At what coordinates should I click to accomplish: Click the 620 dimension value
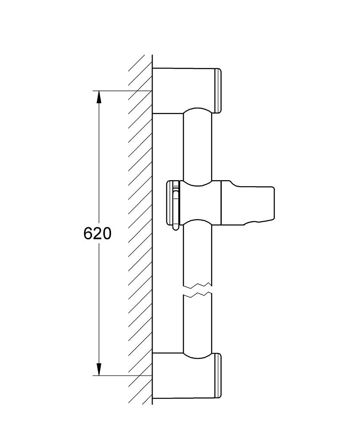(x=97, y=234)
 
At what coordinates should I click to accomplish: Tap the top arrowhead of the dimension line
(x=99, y=97)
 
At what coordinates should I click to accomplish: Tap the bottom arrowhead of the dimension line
(x=99, y=369)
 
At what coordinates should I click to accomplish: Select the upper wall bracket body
(x=183, y=90)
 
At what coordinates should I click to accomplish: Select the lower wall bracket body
(x=183, y=376)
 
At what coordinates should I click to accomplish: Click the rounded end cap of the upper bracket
(x=218, y=91)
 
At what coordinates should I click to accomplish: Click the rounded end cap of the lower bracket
(x=218, y=376)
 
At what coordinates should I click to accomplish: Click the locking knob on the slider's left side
(x=173, y=203)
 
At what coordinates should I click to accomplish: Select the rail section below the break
(x=198, y=325)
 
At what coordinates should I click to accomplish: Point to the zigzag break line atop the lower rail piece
(x=198, y=295)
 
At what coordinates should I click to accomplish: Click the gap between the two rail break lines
(x=198, y=289)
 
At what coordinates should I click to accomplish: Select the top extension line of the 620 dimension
(x=122, y=91)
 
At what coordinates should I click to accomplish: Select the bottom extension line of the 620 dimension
(x=122, y=375)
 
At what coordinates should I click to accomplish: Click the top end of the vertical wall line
(x=153, y=54)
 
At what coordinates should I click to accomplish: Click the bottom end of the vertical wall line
(x=153, y=405)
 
